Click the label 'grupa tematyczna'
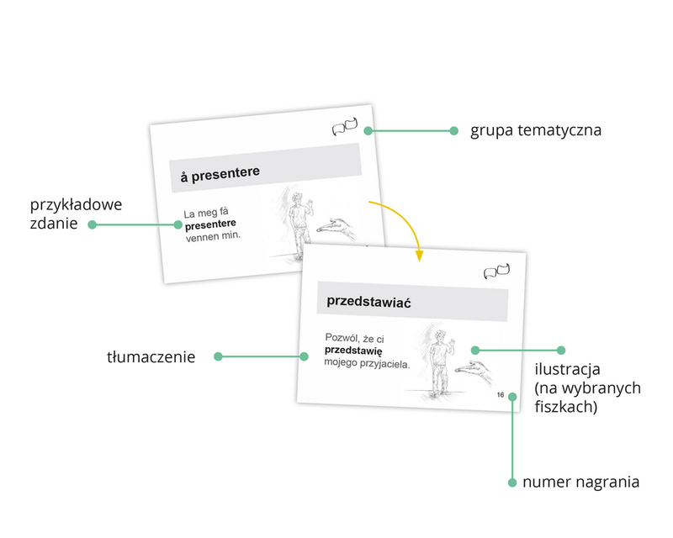536,131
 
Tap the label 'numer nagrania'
580,483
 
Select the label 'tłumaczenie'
151,357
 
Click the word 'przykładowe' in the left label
77,204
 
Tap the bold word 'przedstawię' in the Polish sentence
353,351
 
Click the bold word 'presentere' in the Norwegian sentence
210,225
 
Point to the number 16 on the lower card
501,395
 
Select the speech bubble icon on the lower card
497,272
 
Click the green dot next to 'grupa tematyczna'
453,131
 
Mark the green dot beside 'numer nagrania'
512,483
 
